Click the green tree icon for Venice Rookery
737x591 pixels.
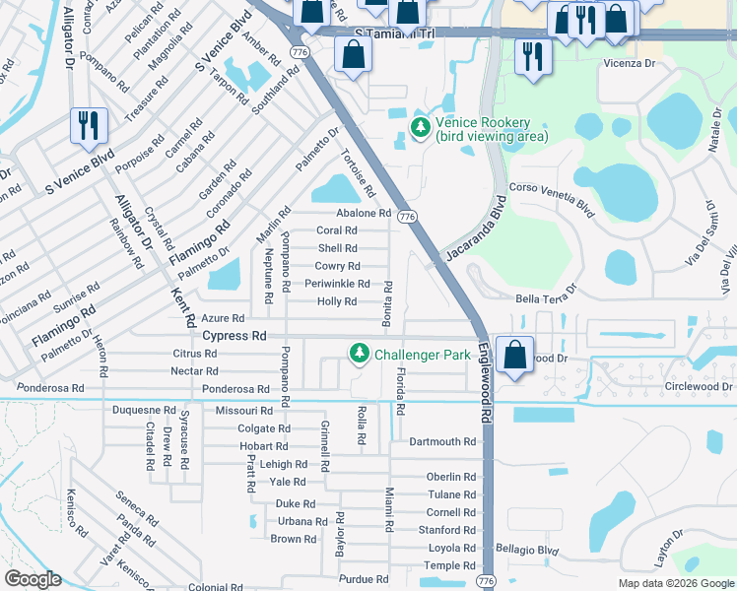(421, 127)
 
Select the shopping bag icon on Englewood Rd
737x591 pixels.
(514, 356)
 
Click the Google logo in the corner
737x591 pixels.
(33, 579)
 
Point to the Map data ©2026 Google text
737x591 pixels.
(676, 583)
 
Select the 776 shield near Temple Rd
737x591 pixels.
(487, 582)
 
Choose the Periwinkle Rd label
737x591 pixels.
(337, 284)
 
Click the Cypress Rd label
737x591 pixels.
(234, 336)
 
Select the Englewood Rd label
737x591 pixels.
(485, 383)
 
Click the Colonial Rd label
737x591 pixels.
(209, 587)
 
